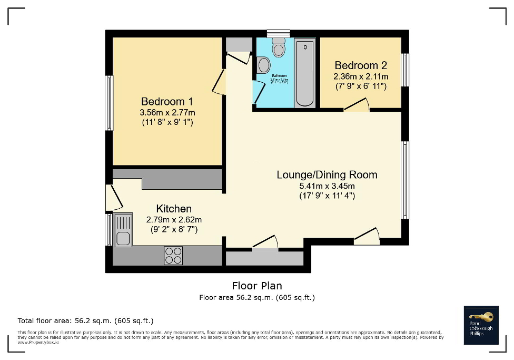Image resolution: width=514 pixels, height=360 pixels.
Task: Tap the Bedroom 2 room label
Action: [x=361, y=66]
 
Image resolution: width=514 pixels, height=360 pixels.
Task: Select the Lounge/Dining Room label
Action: [x=327, y=175]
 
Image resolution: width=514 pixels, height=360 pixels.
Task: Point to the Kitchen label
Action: [x=174, y=209]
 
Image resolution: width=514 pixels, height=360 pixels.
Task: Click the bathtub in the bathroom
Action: [x=304, y=74]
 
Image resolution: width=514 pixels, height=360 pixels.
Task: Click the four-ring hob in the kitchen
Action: [x=173, y=255]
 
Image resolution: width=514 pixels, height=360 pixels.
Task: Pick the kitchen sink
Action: [x=123, y=230]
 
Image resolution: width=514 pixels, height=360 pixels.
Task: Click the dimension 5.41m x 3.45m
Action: [x=327, y=186]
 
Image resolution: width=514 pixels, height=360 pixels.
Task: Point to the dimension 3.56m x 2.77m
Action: [x=167, y=113]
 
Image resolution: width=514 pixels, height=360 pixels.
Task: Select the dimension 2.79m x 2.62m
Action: [x=174, y=220]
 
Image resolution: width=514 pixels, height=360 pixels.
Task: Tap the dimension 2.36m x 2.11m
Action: [x=361, y=76]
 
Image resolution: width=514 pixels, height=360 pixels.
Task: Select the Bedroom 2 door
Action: [x=357, y=107]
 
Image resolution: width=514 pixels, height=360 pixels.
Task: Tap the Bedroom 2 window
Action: [x=404, y=70]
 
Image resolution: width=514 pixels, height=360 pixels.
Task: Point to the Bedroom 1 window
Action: [x=109, y=103]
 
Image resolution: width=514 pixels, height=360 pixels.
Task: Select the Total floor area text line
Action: [x=85, y=320]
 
